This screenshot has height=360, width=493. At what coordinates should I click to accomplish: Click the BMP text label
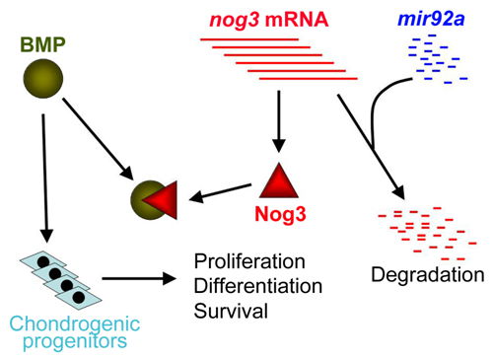pyautogui.click(x=38, y=44)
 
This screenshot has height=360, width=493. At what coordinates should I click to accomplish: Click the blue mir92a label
pyautogui.click(x=435, y=15)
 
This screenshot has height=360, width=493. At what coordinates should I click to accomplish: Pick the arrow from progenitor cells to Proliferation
pyautogui.click(x=137, y=279)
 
